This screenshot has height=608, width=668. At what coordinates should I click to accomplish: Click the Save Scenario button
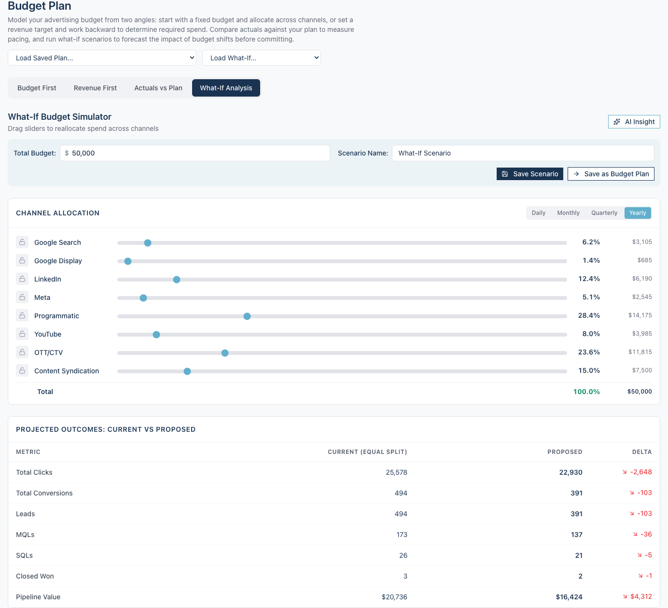click(529, 174)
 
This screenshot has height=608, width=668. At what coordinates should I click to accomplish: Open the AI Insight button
click(634, 122)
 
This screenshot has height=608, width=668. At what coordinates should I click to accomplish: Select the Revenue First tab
click(95, 88)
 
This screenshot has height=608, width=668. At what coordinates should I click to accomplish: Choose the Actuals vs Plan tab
click(158, 88)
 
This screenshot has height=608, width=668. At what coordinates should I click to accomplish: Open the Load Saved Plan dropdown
click(102, 57)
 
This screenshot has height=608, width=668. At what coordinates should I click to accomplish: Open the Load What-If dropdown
click(262, 57)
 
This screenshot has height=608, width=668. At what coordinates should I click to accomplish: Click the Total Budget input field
click(195, 153)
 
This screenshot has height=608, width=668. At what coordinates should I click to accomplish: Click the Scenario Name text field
click(523, 153)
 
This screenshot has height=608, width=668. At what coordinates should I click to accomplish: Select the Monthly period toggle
click(568, 213)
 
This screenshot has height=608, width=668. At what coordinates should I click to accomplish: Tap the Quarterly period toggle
click(604, 213)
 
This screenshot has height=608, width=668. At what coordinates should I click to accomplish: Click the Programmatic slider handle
click(247, 316)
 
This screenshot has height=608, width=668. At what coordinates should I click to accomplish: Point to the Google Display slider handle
click(128, 261)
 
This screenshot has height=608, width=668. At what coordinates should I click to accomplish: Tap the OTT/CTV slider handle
click(225, 353)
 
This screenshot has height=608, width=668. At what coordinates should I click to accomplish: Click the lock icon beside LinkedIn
click(22, 279)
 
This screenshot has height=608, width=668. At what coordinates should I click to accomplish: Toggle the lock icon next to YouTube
click(22, 334)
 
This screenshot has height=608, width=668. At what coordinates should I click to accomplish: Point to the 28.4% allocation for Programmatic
click(589, 315)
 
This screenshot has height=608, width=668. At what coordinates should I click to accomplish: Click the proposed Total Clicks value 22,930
click(571, 472)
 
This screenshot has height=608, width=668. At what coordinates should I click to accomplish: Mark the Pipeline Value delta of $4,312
click(640, 597)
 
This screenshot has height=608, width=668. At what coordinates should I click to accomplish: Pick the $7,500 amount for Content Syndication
click(641, 370)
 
